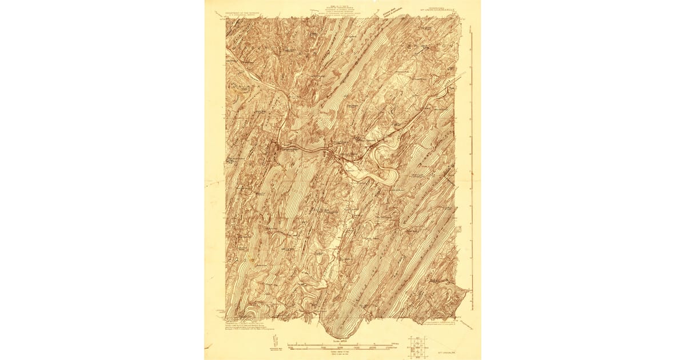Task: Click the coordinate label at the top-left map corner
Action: (222, 18)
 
